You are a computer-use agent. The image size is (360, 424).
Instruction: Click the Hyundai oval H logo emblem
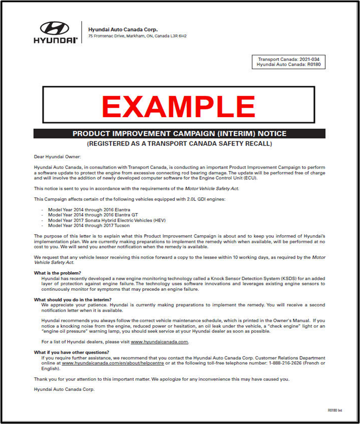tap(55, 28)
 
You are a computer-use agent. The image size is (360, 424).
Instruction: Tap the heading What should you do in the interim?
tap(72, 299)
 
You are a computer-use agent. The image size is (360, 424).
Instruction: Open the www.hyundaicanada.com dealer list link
tap(159, 342)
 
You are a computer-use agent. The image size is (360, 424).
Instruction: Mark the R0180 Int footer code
tap(335, 410)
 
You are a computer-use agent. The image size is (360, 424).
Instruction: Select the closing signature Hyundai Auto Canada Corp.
tap(64, 390)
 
